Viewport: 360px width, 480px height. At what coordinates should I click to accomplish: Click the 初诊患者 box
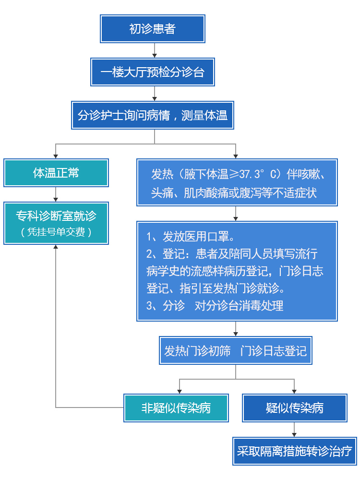153,29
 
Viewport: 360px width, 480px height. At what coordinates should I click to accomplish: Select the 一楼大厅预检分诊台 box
153,72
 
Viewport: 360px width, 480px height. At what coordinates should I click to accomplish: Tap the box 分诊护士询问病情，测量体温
153,115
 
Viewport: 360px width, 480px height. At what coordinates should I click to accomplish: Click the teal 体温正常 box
56,173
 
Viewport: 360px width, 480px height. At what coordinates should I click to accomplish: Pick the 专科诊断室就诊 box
56,223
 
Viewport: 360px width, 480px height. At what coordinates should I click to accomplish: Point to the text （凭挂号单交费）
56,232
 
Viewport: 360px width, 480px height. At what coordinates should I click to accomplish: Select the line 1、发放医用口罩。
191,237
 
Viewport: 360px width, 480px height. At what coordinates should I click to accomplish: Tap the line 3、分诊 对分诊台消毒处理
215,305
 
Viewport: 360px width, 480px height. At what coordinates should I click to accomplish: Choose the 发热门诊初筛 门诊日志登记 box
235,350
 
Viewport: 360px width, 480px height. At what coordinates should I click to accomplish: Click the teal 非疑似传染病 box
176,408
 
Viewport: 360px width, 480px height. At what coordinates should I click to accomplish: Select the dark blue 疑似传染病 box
295,408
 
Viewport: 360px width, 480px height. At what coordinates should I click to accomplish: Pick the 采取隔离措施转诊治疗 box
295,451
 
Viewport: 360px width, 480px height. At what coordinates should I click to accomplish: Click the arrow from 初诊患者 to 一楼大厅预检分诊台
155,50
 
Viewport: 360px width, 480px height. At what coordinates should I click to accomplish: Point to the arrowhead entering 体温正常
55,156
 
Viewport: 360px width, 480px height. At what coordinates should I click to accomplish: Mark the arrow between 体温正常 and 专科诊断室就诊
55,194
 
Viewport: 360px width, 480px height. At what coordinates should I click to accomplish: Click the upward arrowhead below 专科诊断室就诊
55,247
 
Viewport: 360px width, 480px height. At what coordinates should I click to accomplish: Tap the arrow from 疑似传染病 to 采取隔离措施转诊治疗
294,430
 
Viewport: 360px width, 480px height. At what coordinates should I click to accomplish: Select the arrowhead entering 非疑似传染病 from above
180,392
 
